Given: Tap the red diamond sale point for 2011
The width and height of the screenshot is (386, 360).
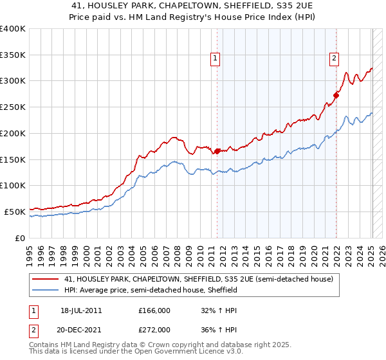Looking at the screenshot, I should [x=217, y=152].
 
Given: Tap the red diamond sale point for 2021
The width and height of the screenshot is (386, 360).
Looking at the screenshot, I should [x=336, y=96].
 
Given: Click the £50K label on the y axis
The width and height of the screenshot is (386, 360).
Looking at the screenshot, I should [x=15, y=212].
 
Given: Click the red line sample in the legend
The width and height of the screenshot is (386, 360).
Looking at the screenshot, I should [x=46, y=280].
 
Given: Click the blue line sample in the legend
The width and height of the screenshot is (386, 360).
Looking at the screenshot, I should [x=46, y=291].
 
